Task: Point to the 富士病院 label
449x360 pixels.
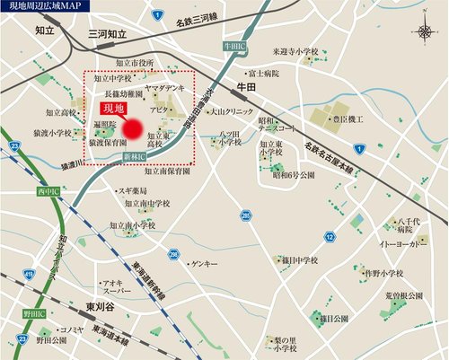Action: click(x=264, y=73)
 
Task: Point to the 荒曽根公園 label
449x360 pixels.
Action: click(x=404, y=294)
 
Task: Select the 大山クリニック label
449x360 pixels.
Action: click(x=227, y=112)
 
